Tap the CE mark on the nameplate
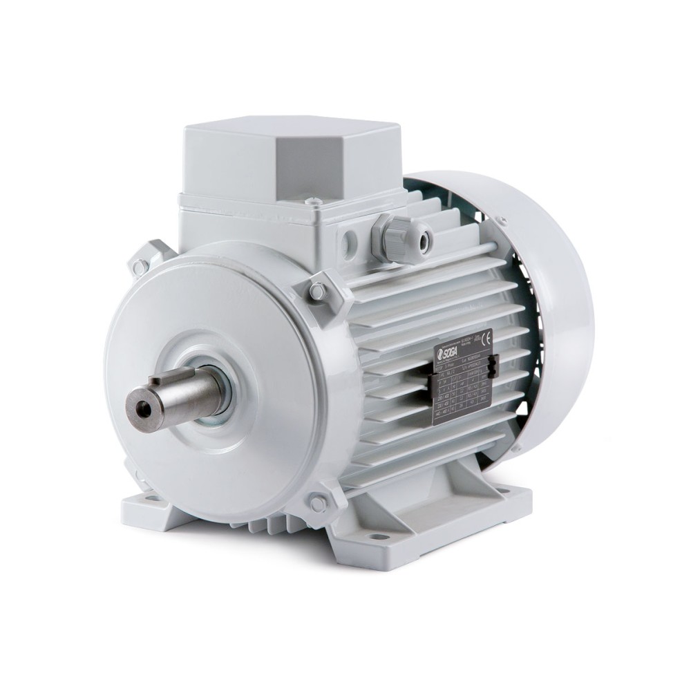[x=486, y=338]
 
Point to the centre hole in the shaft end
[x=143, y=409]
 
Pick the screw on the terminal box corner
[x=314, y=202]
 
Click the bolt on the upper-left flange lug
[x=140, y=265]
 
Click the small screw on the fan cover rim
[x=501, y=221]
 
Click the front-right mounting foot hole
[x=378, y=536]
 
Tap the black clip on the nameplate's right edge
[x=492, y=366]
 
